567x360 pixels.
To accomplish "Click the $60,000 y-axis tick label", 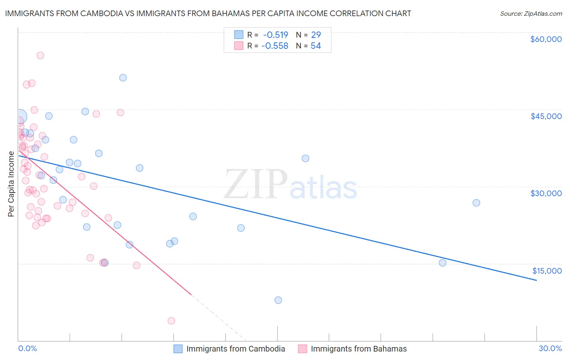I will coord(546,39).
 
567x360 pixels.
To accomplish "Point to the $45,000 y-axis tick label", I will coord(546,116).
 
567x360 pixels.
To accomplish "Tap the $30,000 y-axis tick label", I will coord(546,193).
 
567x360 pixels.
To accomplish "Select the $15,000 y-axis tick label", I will coord(546,270).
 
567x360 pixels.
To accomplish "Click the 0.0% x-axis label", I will coord(27,348).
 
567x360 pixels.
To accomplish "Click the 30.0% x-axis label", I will coord(550,348).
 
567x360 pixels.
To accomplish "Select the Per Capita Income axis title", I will coord(11,184).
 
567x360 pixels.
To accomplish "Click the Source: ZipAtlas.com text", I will coord(531,13).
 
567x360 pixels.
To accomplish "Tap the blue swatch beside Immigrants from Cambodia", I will coord(178,349).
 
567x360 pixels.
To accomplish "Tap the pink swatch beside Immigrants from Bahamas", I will coord(302,349).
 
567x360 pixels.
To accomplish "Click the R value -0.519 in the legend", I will coord(275,35).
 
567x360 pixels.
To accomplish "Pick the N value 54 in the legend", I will coord(316,46).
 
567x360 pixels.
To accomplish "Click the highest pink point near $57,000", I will coord(40,56).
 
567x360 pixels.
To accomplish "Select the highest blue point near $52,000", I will coord(123,78).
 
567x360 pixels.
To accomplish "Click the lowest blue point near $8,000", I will coord(278,300).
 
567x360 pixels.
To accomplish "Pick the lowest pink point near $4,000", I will coord(171,321).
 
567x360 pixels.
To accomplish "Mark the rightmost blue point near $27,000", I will coord(476,203).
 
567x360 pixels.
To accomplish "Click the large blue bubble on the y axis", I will coord(19,117).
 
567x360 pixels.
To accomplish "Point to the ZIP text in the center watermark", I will coord(256,184).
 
